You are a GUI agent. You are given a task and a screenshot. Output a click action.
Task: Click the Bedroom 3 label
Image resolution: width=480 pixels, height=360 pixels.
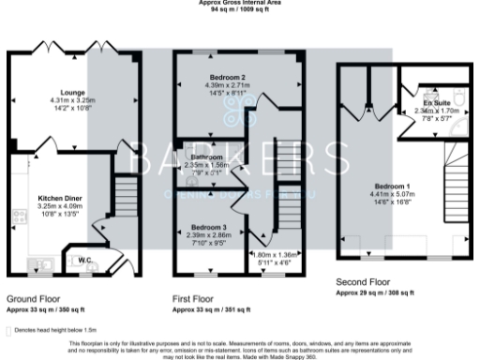pyautogui.click(x=208, y=228)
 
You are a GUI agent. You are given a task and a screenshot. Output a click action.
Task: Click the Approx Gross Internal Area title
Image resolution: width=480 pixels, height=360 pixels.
pyautogui.click(x=239, y=3)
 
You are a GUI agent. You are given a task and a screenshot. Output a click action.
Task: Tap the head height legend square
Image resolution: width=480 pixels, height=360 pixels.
pyautogui.click(x=9, y=330)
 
